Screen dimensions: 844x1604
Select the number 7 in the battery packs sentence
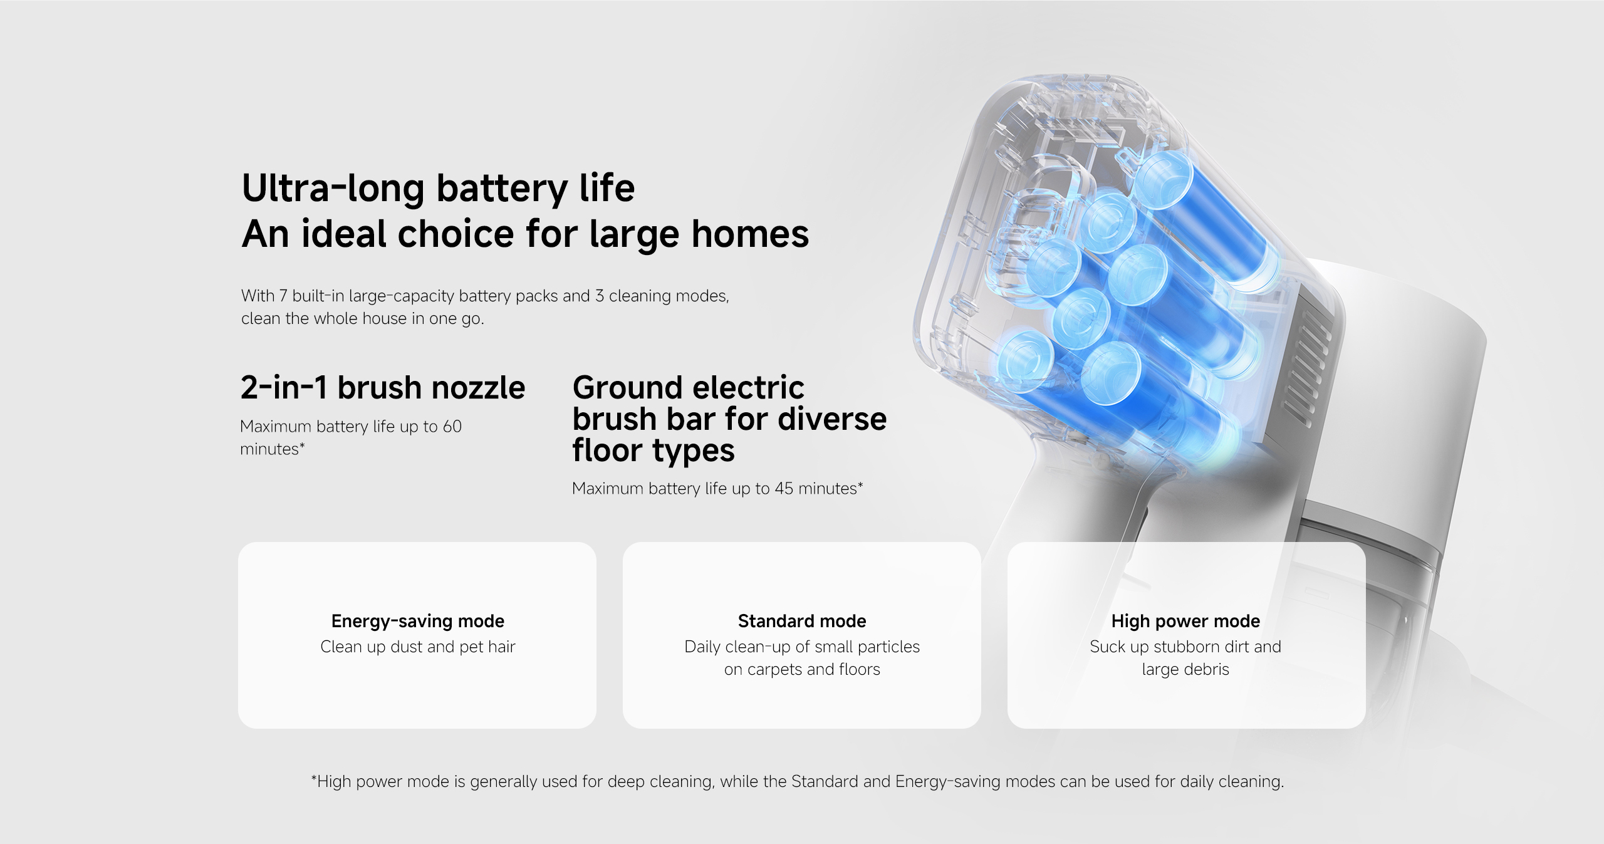(x=283, y=296)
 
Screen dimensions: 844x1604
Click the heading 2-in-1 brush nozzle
(x=382, y=388)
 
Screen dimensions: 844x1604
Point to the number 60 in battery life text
(x=452, y=427)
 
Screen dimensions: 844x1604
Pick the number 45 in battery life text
(x=783, y=489)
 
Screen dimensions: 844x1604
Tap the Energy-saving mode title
(x=417, y=621)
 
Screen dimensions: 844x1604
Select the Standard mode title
(x=801, y=621)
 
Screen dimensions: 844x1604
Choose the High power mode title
(x=1185, y=621)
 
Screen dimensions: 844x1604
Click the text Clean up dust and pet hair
(x=417, y=647)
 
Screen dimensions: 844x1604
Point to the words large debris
(x=1185, y=670)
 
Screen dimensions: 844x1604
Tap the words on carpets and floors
(x=801, y=670)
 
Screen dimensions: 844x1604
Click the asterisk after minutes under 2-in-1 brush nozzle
(x=302, y=446)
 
